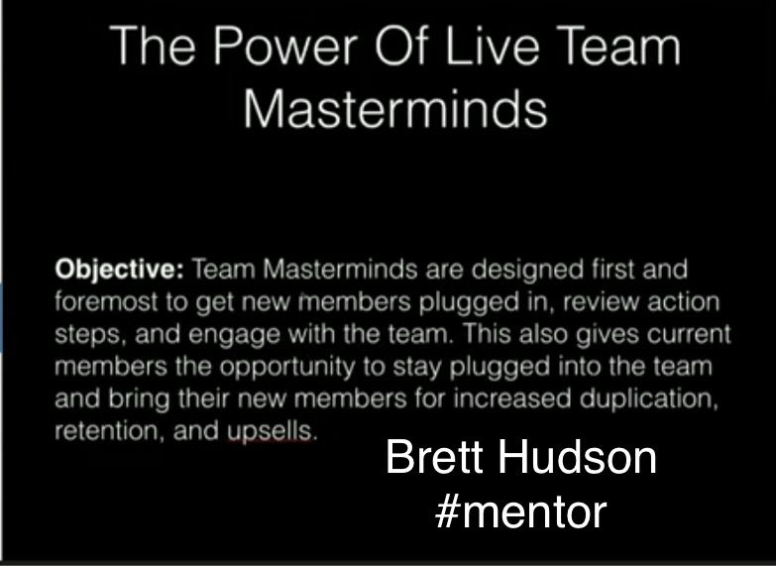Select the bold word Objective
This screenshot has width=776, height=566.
tap(119, 271)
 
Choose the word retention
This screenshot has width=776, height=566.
tap(109, 431)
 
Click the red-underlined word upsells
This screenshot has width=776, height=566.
tap(271, 431)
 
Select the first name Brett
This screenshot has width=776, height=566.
tap(434, 457)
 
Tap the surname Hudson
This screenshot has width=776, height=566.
tap(577, 457)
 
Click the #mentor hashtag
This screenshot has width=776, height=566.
tap(520, 512)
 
